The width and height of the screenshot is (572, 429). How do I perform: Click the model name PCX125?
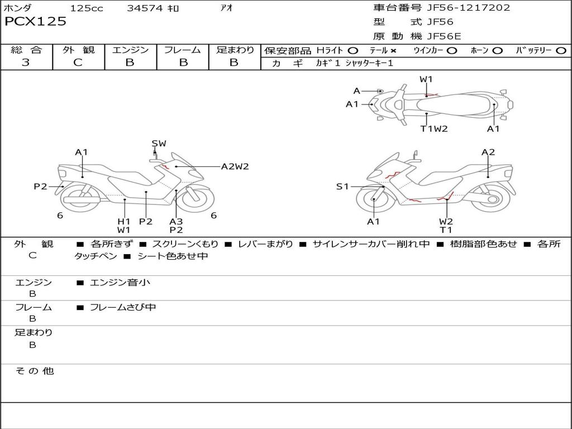point(35,22)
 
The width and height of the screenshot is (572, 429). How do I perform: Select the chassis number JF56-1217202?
point(469,8)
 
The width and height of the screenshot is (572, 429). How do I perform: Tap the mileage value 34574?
point(145,8)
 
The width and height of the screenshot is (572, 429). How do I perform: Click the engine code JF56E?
point(444,36)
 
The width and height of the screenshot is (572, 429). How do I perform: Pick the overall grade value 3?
point(26,63)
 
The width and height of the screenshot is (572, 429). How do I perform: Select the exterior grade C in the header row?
point(78,63)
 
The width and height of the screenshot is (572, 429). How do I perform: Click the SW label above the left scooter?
point(159,144)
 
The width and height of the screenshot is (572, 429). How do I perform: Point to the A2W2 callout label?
point(235,166)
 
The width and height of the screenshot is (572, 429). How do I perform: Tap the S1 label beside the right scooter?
point(342,187)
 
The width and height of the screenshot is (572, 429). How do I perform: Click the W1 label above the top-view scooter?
point(426,79)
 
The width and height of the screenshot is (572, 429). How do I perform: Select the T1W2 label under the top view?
point(433,129)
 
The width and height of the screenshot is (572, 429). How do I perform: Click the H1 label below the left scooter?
point(124,221)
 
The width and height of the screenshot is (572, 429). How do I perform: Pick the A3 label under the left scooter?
point(176,221)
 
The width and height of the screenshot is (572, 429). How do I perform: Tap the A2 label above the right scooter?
point(488,152)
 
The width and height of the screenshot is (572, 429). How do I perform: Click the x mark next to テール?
point(393,51)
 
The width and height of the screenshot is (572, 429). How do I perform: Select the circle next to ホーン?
point(497,51)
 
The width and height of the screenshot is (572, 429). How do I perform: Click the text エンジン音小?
point(120,282)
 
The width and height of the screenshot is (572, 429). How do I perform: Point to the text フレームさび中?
point(123,308)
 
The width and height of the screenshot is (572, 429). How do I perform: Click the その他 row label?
point(34,371)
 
